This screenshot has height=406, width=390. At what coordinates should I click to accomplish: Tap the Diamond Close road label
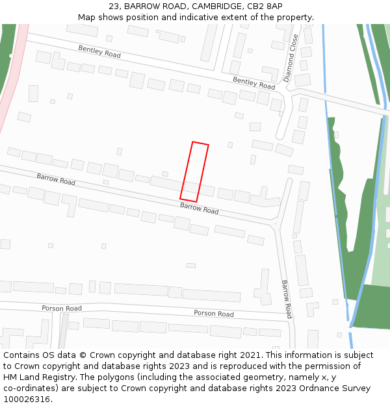pyautogui.click(x=291, y=58)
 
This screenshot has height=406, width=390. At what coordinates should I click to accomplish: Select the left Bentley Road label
pyautogui.click(x=99, y=52)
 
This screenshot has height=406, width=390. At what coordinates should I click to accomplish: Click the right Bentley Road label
pyautogui.click(x=253, y=82)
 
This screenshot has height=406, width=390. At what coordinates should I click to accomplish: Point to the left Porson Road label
pyautogui.click(x=62, y=308)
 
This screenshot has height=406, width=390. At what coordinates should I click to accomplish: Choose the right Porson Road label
pyautogui.click(x=214, y=314)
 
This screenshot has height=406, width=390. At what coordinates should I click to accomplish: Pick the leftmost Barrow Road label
pyautogui.click(x=56, y=179)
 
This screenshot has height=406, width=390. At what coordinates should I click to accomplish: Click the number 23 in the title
pyautogui.click(x=114, y=6)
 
